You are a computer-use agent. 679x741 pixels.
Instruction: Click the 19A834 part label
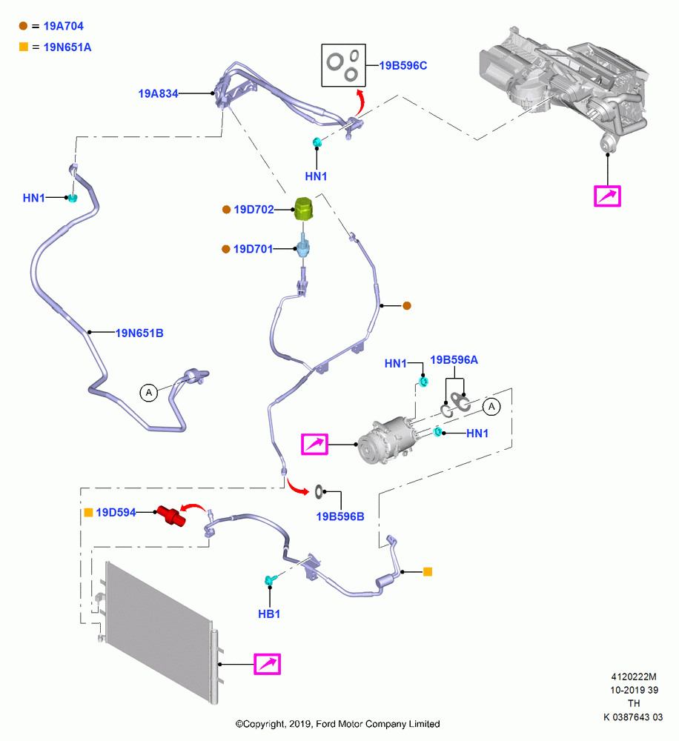click(158, 93)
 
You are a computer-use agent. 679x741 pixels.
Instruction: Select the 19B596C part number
click(403, 66)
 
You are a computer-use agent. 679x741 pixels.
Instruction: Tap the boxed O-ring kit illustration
click(343, 65)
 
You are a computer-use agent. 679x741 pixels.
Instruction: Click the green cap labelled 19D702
click(304, 208)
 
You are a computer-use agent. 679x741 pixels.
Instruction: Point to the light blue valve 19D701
click(302, 248)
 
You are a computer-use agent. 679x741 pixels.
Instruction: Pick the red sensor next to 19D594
click(171, 515)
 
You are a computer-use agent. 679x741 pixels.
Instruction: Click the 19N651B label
click(139, 333)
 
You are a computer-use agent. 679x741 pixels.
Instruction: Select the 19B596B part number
click(340, 516)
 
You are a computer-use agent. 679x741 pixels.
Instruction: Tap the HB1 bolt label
click(269, 614)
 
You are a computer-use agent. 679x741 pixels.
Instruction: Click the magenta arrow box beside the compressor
click(314, 444)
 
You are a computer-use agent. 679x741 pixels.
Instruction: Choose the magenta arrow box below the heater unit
click(607, 196)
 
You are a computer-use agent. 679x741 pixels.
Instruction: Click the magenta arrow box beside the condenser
click(267, 664)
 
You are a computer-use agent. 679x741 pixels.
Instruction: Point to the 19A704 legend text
click(63, 26)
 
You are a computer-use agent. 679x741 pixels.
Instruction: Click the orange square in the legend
click(24, 47)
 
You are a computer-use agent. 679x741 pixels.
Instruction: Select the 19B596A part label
click(454, 360)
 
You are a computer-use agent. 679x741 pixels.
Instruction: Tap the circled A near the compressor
click(491, 406)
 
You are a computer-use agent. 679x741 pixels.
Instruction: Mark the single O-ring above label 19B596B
click(319, 491)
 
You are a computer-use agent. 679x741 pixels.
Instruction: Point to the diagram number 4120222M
click(634, 677)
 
